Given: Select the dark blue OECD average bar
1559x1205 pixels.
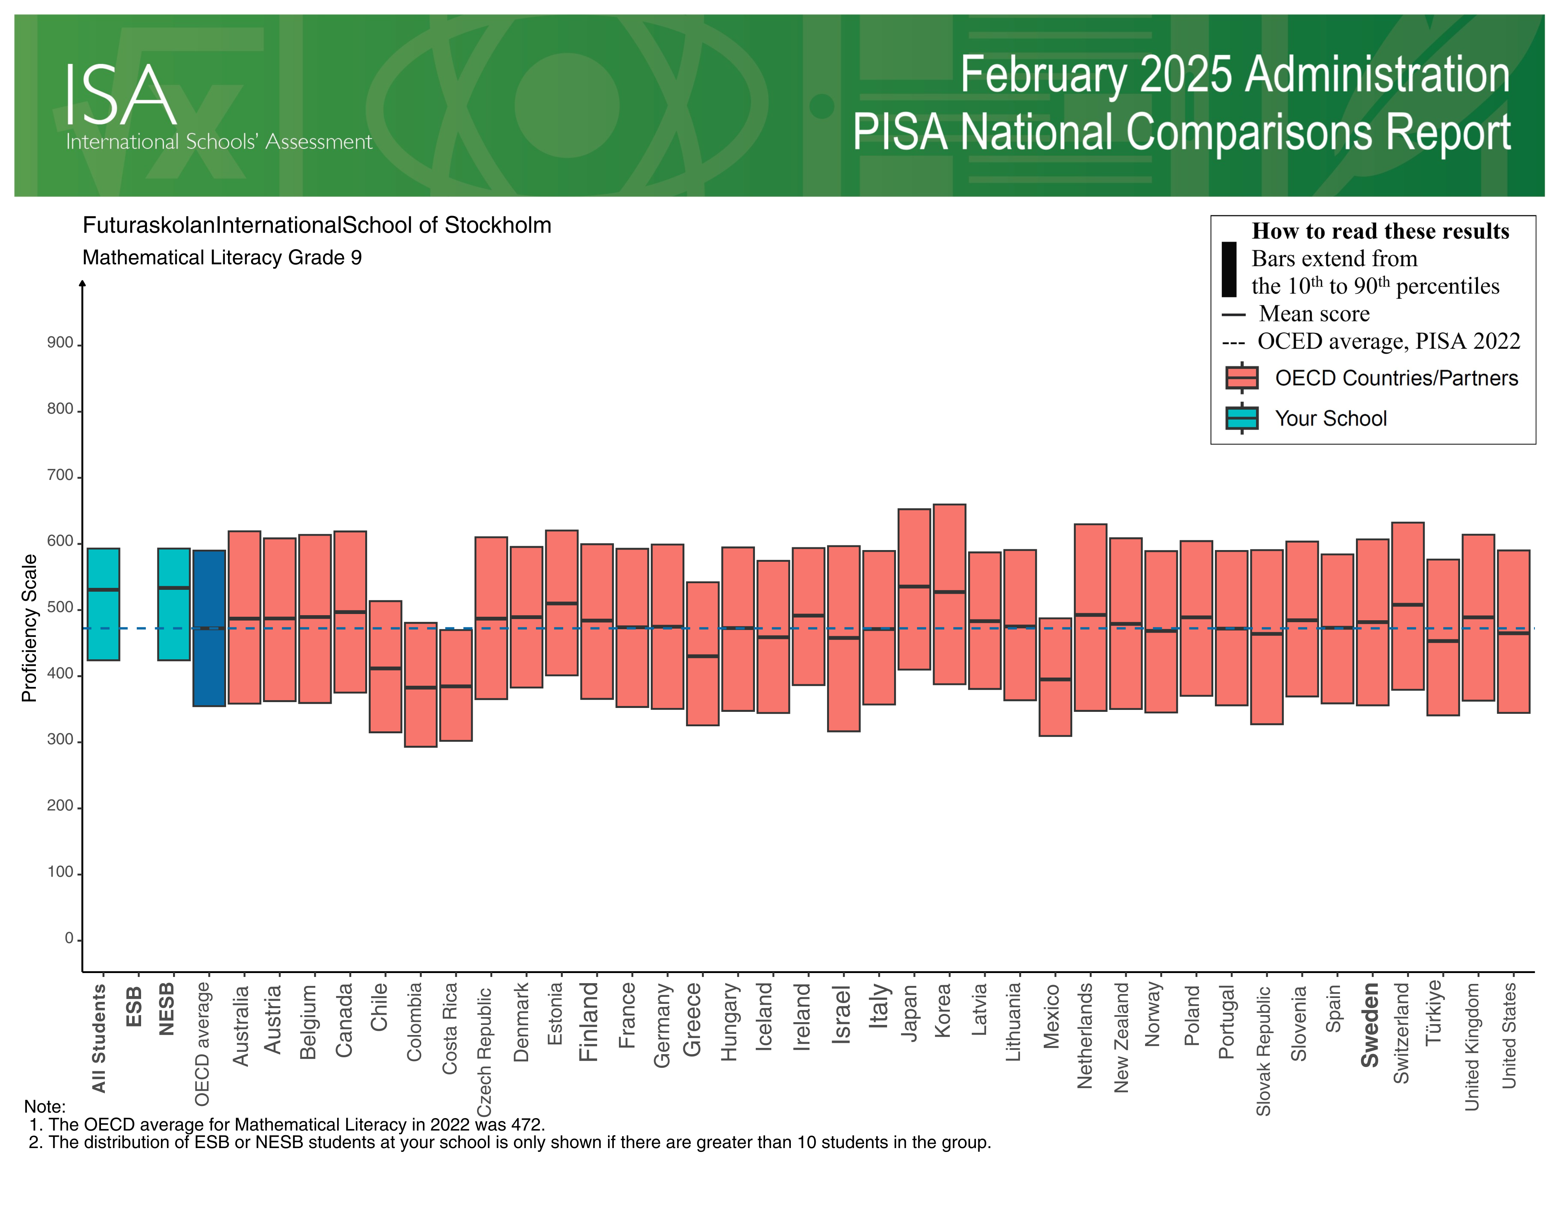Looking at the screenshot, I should (x=209, y=628).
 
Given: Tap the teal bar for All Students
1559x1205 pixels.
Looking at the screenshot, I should (x=104, y=604).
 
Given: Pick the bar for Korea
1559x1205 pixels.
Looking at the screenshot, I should (x=949, y=594).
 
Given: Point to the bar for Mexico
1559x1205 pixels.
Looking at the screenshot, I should (x=1055, y=677).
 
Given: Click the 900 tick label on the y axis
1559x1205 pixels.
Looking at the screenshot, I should (x=60, y=343).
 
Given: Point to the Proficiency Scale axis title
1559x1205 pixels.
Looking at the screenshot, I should (x=29, y=628).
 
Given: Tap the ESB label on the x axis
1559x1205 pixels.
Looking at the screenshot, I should (x=133, y=1007).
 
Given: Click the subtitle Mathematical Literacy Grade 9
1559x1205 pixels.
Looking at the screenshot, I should (x=222, y=258).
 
